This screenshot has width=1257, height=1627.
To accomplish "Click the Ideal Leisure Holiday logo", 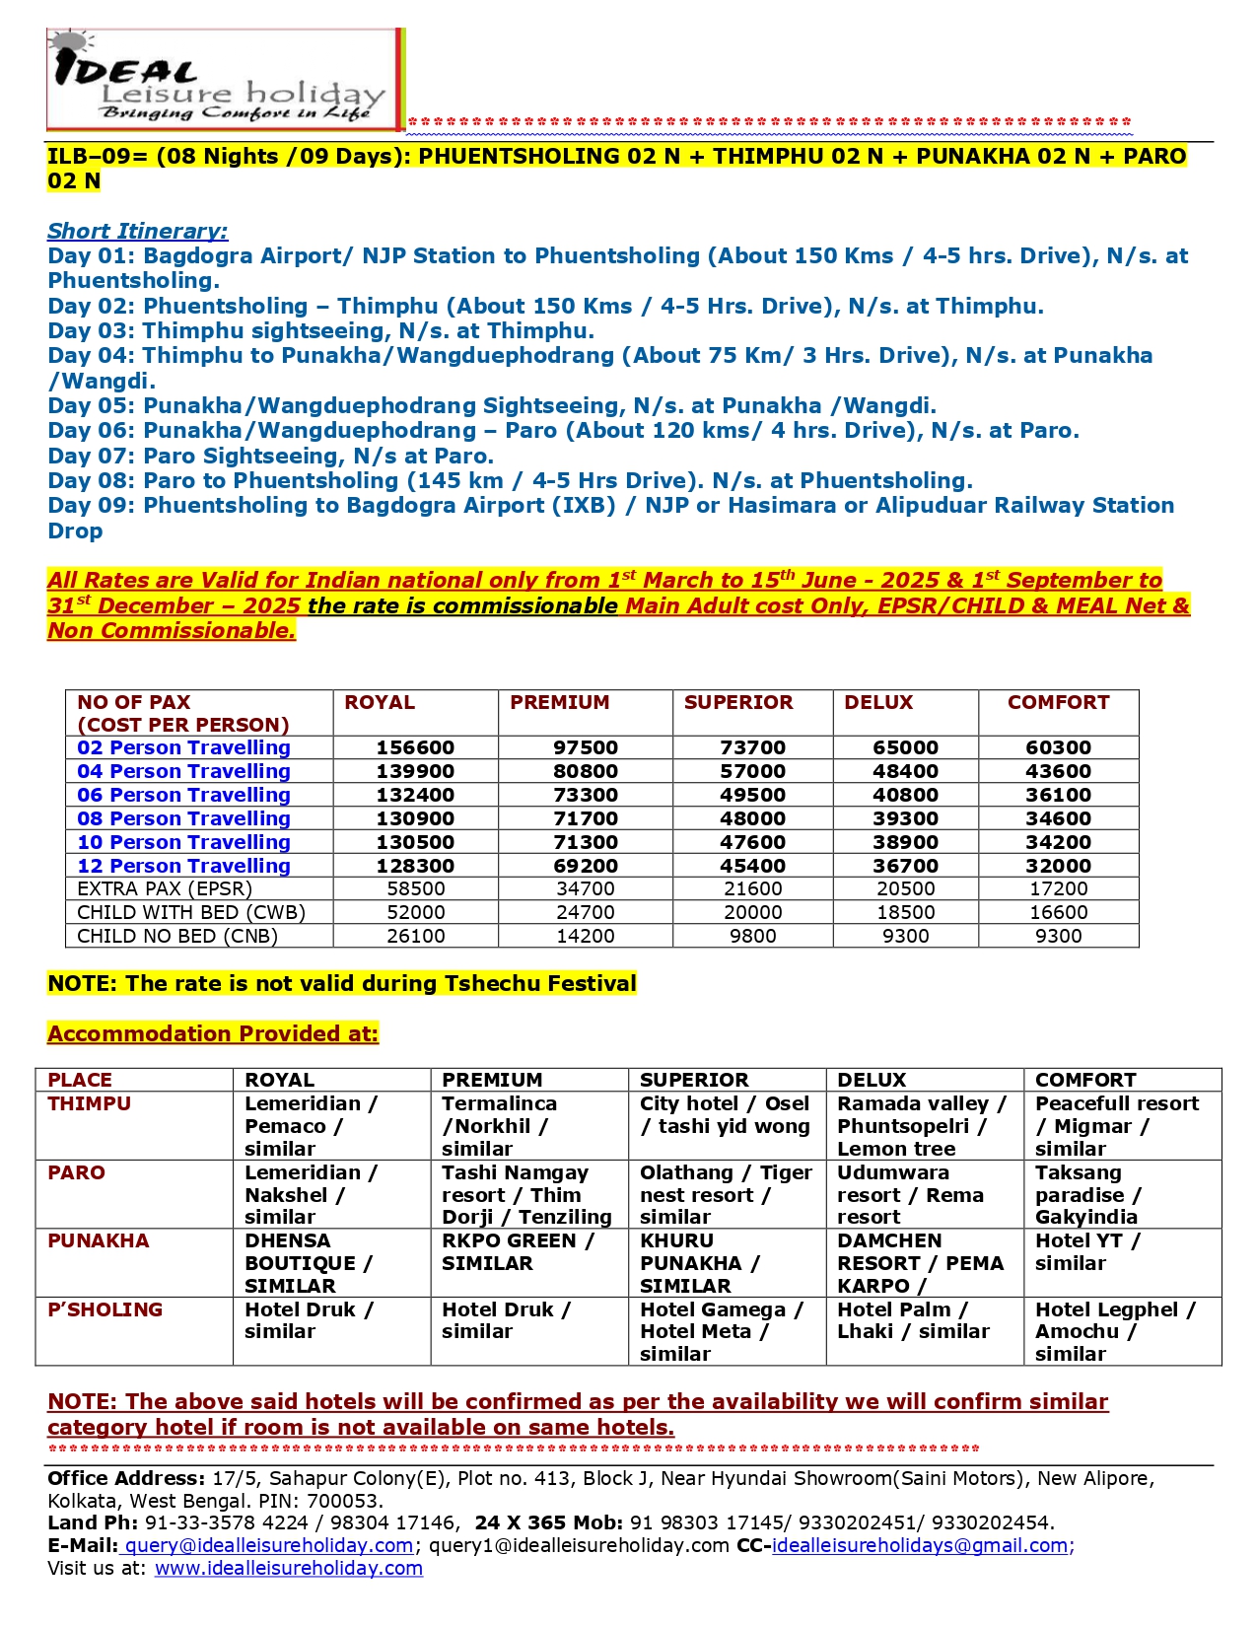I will tap(225, 80).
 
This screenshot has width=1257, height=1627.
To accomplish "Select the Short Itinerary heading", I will tap(137, 231).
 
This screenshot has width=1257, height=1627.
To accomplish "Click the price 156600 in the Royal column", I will tap(415, 747).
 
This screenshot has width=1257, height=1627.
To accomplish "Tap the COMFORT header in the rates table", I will tap(1058, 702).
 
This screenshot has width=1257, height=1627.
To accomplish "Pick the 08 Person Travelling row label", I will tap(183, 818).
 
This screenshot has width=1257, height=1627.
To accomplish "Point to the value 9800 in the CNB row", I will tap(752, 936).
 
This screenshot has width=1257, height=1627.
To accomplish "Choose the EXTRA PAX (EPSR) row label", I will tap(164, 888).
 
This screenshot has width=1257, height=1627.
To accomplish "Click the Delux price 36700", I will tap(905, 866).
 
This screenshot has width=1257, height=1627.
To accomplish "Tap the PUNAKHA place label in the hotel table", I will tap(99, 1240).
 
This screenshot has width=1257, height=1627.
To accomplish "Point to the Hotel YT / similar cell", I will tap(1086, 1252).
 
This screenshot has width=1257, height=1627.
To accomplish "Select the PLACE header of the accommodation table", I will tap(80, 1080).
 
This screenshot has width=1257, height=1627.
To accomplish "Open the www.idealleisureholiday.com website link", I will tap(288, 1568).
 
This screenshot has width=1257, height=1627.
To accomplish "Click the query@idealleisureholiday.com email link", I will tap(268, 1545).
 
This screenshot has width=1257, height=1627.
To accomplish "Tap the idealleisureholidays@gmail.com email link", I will tap(920, 1545).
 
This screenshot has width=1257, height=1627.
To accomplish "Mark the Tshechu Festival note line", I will tap(342, 983).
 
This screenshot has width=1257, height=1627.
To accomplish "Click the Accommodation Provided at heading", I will tap(213, 1033).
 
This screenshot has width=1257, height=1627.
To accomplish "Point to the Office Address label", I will tap(126, 1478).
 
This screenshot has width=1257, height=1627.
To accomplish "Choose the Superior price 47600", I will tap(752, 842).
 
